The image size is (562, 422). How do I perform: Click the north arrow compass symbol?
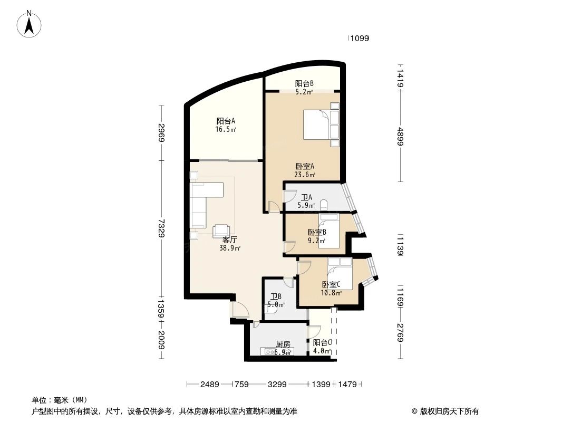click(x=30, y=23)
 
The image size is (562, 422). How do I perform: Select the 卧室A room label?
click(x=305, y=170)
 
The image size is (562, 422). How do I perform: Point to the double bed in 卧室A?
click(x=320, y=126)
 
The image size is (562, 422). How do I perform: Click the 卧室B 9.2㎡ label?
click(x=317, y=236)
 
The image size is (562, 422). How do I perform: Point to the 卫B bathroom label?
click(x=276, y=300)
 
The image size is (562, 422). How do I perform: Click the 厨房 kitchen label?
click(x=283, y=348)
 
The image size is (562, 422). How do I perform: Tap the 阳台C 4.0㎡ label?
click(x=322, y=346)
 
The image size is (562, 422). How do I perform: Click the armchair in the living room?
click(x=221, y=231)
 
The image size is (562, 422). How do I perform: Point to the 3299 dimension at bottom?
click(x=277, y=385)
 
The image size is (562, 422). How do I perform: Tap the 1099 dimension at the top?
click(x=360, y=38)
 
